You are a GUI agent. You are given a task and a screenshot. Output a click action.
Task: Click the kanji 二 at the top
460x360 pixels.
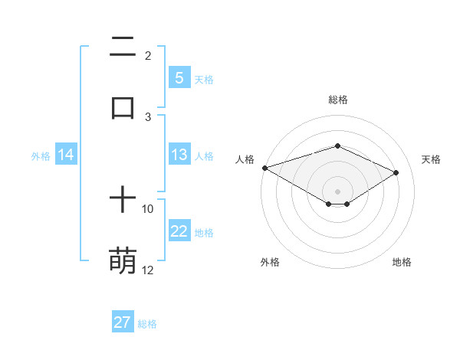(x=123, y=48)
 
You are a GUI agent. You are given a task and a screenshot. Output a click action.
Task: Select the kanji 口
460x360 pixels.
(x=123, y=107)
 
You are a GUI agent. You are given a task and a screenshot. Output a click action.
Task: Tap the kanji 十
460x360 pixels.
(x=123, y=201)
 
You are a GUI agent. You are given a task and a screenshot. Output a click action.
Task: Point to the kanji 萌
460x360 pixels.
(x=123, y=260)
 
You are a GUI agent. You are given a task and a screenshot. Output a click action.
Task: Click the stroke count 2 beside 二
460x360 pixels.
(x=148, y=56)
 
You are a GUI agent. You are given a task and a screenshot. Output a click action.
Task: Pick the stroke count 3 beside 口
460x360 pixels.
(x=148, y=116)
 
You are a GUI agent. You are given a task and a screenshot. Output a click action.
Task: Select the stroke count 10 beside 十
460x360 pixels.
(x=148, y=208)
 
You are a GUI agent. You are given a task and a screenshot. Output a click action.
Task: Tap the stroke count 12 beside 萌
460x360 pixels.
(x=148, y=270)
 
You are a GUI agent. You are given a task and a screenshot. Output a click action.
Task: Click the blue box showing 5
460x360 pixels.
(x=179, y=78)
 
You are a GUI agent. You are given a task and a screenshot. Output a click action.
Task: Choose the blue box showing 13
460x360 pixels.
(x=179, y=155)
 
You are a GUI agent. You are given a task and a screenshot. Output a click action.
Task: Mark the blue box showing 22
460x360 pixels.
(x=179, y=231)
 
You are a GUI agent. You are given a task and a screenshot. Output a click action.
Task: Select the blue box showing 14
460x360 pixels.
(x=66, y=155)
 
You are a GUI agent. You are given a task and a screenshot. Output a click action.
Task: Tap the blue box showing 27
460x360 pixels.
(x=123, y=322)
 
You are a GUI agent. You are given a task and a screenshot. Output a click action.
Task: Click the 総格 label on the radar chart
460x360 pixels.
(x=338, y=100)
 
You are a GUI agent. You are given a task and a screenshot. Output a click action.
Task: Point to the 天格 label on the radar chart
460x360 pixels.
(x=431, y=159)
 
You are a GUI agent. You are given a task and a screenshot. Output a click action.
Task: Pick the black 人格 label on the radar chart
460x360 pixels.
(x=245, y=159)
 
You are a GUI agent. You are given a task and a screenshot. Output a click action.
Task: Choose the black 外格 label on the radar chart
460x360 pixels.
(x=270, y=262)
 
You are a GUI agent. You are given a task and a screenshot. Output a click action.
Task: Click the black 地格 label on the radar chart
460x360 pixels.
(x=402, y=262)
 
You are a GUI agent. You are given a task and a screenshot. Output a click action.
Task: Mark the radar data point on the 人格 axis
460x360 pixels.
(x=264, y=168)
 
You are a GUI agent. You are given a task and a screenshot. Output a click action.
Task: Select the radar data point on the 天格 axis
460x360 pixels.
(x=396, y=172)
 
